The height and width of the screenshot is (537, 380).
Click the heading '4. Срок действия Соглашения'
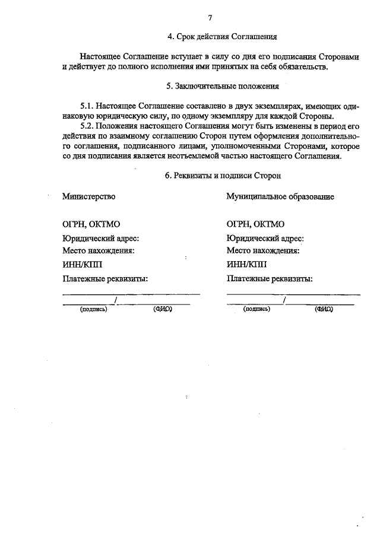coord(223,37)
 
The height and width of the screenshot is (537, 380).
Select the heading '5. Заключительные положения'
coord(223,86)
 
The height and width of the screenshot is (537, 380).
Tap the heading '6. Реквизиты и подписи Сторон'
coord(223,176)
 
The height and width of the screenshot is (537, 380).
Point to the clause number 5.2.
coord(87,126)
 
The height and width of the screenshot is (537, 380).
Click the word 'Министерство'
coord(89,196)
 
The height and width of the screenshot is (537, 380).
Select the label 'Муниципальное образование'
coord(280,196)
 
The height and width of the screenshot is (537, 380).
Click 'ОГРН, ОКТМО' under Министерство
coord(91,224)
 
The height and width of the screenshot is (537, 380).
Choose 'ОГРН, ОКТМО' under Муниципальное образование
coord(255,224)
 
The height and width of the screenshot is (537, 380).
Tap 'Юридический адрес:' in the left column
coord(101,238)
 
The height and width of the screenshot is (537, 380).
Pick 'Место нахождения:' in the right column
coord(262,250)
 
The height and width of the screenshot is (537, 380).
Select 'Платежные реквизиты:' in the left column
coord(105,279)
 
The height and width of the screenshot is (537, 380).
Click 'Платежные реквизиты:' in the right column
coord(270,279)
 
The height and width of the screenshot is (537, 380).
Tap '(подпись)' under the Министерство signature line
coord(93,309)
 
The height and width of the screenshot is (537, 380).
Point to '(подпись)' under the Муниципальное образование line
coord(256,309)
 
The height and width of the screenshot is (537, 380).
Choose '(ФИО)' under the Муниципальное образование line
coord(324,309)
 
